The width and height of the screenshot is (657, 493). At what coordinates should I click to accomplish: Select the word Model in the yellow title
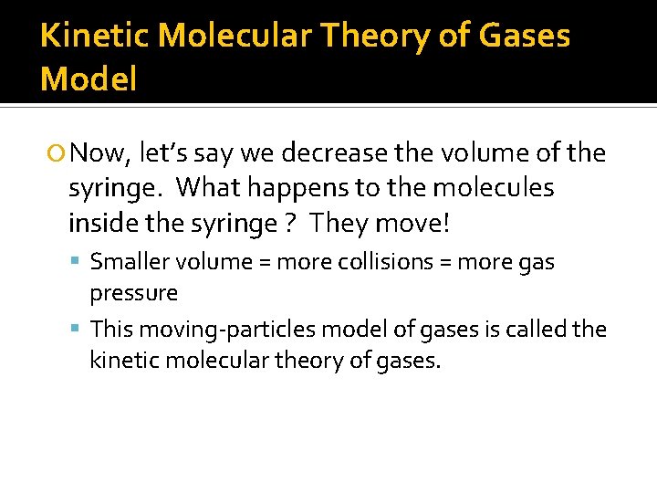tap(89, 79)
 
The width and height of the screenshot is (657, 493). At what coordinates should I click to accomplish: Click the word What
tap(205, 187)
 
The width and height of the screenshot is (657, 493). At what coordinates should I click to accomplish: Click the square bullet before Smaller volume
tap(78, 263)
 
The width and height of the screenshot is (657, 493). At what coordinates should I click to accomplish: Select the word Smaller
tap(125, 262)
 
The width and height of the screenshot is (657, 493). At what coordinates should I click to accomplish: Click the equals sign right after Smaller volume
tap(263, 263)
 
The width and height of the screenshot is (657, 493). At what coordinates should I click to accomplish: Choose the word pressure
tap(133, 293)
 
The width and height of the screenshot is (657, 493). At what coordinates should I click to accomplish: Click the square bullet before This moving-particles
tap(78, 329)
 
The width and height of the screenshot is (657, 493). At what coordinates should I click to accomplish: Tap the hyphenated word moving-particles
tap(210, 329)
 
